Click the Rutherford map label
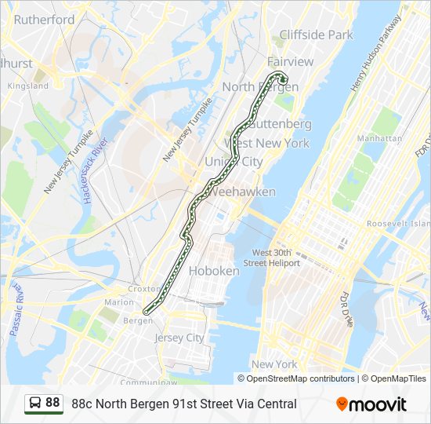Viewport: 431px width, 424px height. [42, 20]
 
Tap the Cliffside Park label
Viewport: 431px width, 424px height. [317, 35]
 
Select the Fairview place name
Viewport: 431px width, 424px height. [290, 61]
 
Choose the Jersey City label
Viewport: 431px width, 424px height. [179, 338]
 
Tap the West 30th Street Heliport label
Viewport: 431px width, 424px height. [276, 258]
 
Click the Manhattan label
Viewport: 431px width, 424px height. [379, 138]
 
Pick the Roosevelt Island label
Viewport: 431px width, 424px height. [398, 224]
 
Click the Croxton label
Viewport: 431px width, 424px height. [143, 289]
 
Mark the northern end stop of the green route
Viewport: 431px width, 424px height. [283, 79]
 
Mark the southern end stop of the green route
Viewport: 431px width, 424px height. [146, 312]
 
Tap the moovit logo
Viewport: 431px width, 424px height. [371, 404]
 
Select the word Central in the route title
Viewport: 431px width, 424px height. [276, 404]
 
